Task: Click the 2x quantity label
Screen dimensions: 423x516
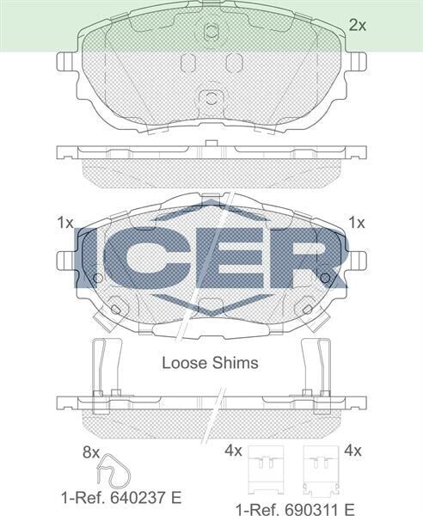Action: coord(357,25)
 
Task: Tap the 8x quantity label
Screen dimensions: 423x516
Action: coord(91,452)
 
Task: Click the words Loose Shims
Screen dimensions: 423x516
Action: coord(210,363)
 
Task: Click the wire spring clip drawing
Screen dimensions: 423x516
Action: coord(113,471)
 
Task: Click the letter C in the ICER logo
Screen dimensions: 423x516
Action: coord(148,259)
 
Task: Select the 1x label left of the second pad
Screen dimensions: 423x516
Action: coord(65,223)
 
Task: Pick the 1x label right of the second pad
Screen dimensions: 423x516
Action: coord(357,223)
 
